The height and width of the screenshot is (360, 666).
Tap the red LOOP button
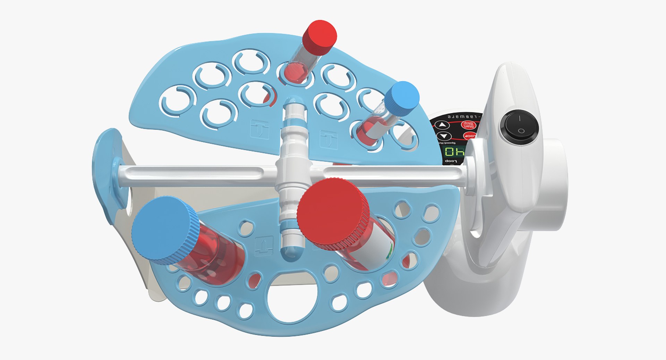[470, 136]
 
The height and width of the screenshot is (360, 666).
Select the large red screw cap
[332, 214]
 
